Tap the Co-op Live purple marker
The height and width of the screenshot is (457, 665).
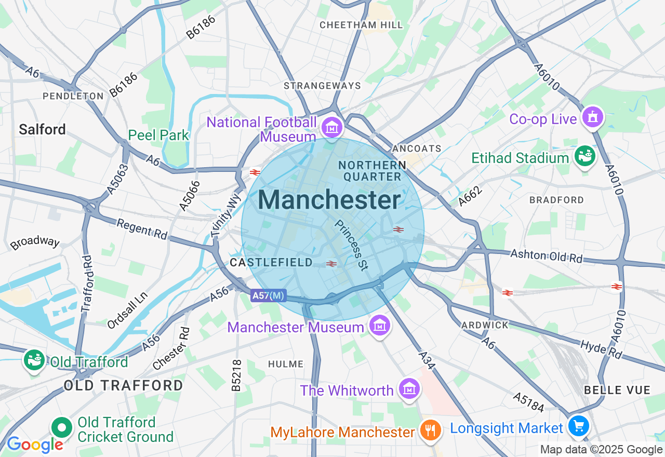click(592, 117)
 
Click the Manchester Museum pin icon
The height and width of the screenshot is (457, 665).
click(379, 326)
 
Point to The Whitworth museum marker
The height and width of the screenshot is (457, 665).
click(409, 388)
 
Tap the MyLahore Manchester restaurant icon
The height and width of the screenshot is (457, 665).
click(430, 430)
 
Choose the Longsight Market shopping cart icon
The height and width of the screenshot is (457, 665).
click(578, 427)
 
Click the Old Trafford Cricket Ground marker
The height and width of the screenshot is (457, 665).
click(62, 428)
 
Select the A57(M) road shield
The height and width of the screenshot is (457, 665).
click(268, 295)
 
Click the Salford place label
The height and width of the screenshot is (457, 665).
click(42, 129)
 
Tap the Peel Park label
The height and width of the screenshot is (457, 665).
click(158, 135)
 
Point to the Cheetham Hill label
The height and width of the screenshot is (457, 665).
click(361, 25)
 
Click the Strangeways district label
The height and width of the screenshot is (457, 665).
click(322, 86)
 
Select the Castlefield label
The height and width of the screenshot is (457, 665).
click(271, 263)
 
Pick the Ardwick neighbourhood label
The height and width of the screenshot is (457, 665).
click(485, 325)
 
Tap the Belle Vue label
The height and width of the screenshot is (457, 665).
click(617, 390)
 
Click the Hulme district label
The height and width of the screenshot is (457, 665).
click(285, 365)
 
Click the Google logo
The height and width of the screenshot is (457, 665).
click(35, 445)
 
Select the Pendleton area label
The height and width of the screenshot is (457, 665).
click(73, 96)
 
